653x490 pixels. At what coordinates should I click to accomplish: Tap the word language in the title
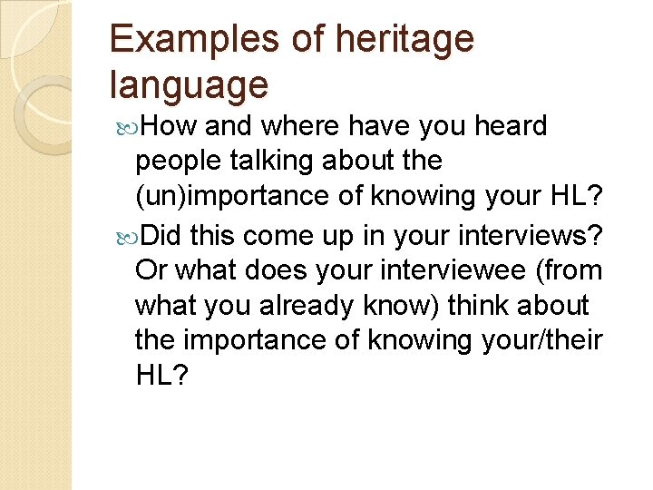pyautogui.click(x=189, y=84)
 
